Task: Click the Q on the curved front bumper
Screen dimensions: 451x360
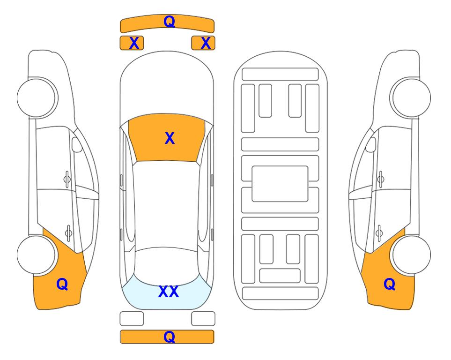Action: point(169,22)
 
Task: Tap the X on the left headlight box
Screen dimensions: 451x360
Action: point(134,43)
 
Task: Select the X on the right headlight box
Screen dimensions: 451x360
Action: point(206,43)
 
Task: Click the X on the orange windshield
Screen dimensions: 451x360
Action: point(170,138)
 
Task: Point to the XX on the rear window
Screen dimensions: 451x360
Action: point(169,292)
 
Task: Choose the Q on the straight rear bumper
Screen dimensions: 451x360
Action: point(169,337)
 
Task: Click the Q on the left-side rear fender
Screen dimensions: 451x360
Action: point(62,284)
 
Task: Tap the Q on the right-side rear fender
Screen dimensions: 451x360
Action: point(390,284)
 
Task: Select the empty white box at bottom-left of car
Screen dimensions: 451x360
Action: point(132,319)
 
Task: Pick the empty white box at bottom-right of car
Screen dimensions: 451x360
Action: point(203,319)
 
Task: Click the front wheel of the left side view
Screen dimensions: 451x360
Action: point(37,98)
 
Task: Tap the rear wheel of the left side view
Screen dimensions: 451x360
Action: point(36,255)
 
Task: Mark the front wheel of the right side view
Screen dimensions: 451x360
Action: point(411,98)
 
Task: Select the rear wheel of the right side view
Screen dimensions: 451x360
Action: point(412,255)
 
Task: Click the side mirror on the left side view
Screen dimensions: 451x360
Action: point(76,144)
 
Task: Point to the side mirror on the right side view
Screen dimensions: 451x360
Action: point(371,144)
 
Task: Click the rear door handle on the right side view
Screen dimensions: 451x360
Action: point(379,233)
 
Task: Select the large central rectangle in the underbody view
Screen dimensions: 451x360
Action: point(280,184)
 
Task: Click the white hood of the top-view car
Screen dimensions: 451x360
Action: point(167,86)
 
